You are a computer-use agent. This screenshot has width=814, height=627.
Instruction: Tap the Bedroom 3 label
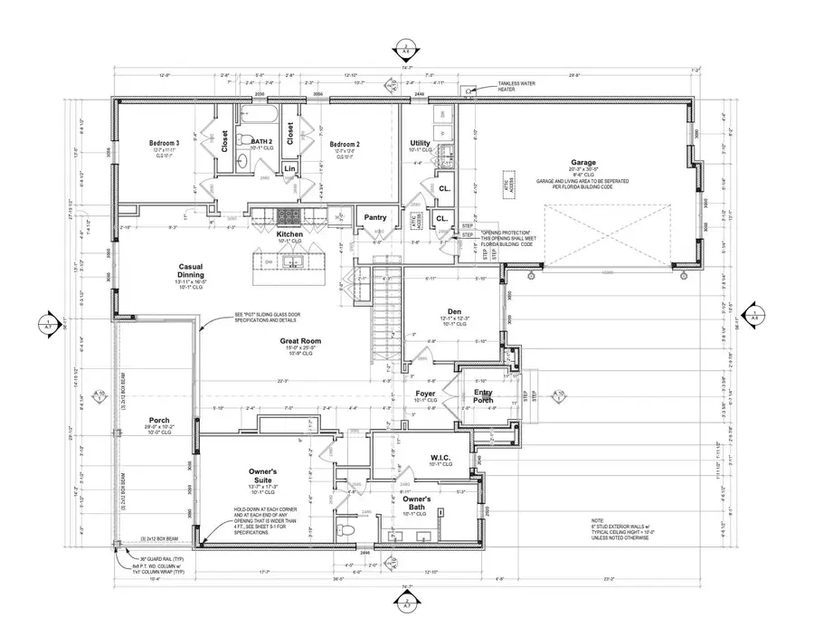click(x=165, y=143)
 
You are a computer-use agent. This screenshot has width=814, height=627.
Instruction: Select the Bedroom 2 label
click(x=345, y=144)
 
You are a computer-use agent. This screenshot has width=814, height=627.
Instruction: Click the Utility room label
click(x=420, y=143)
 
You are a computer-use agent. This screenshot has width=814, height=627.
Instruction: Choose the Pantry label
click(x=375, y=217)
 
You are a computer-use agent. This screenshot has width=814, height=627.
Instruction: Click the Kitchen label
click(x=291, y=233)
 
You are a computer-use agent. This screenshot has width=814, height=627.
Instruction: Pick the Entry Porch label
click(x=484, y=394)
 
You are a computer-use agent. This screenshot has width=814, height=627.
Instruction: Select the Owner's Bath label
click(x=418, y=503)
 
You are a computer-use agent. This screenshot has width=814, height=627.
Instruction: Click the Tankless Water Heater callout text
click(x=517, y=89)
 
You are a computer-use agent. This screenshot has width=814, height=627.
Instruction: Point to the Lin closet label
click(x=289, y=169)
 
